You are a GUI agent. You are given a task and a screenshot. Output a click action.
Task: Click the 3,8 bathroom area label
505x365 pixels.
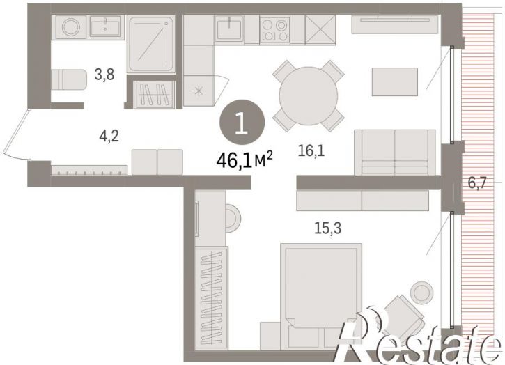104,75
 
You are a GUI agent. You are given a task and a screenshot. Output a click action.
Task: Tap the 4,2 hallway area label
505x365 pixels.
109,137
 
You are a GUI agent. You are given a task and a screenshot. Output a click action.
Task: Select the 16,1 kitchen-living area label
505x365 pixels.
311,150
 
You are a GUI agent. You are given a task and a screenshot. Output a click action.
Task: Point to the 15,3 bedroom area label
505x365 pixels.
327,228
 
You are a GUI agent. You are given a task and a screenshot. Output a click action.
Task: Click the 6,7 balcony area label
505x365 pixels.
477,183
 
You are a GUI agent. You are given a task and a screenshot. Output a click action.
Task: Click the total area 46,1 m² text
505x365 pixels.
244,160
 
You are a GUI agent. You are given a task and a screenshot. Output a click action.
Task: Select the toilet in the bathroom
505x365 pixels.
69,79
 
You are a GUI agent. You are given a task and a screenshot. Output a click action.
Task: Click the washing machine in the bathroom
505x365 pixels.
71,26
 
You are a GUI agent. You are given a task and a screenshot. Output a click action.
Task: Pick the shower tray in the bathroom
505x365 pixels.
151,44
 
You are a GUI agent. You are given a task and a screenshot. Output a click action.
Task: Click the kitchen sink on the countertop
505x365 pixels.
230,29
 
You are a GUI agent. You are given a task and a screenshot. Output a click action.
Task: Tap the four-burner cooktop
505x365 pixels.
274,30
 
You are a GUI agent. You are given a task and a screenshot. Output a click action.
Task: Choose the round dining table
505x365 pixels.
309,96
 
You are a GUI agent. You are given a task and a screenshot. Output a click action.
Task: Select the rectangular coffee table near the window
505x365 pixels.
395,81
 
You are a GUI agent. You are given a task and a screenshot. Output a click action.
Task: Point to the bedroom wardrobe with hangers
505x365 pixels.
211,297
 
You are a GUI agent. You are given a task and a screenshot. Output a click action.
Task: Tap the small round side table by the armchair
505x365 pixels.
421,292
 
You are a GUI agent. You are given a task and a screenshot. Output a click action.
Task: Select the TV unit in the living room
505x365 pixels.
395,24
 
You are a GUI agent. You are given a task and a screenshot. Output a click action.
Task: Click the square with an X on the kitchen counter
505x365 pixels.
320,30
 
